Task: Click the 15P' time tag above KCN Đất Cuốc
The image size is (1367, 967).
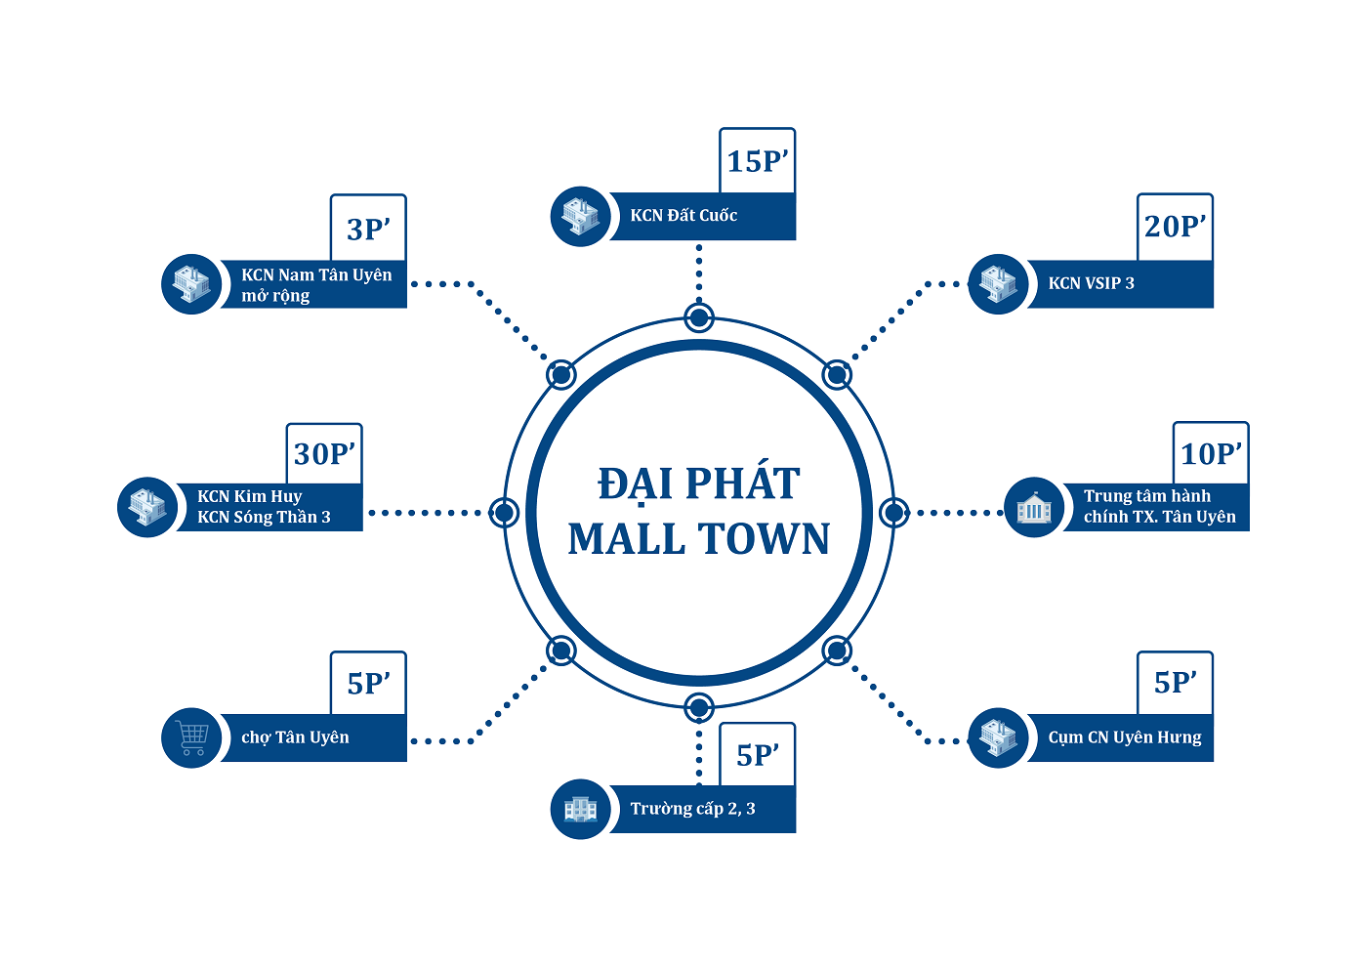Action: pos(758,161)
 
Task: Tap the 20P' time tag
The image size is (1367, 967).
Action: pos(1176,227)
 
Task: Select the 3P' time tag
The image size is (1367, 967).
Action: pos(368,229)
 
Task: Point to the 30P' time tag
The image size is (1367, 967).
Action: pos(324,454)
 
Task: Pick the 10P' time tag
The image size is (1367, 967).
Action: pos(1211,454)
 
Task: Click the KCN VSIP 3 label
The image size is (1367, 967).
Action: pos(1092,283)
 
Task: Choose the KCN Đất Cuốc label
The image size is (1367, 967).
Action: pos(683,216)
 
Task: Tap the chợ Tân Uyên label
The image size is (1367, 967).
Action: pos(295,737)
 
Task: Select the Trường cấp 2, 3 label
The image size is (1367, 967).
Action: pos(692,809)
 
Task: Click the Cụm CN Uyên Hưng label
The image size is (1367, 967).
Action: pos(1125,737)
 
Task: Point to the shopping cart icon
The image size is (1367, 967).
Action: pos(192,736)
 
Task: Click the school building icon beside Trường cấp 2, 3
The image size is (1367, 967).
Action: pos(581,809)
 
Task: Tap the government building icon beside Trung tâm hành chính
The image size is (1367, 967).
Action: pos(1034,508)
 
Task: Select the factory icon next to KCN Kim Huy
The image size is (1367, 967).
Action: pos(147,507)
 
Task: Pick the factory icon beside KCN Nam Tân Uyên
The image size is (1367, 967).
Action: pos(191,284)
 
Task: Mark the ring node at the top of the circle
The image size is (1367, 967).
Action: pos(699,317)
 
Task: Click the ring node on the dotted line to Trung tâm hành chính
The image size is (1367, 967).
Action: pos(893,512)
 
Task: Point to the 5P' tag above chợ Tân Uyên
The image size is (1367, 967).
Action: pos(368,684)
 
